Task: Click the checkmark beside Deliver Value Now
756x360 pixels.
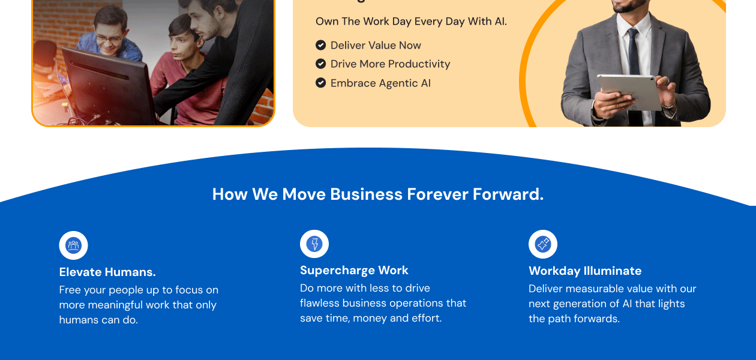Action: pyautogui.click(x=320, y=45)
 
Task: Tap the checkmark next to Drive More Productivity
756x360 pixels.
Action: pyautogui.click(x=320, y=64)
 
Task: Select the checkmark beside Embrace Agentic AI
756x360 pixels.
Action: pyautogui.click(x=320, y=83)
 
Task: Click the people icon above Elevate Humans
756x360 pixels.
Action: pyautogui.click(x=74, y=245)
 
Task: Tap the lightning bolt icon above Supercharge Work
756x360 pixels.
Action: pyautogui.click(x=314, y=244)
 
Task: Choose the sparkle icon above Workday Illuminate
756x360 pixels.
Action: pyautogui.click(x=542, y=244)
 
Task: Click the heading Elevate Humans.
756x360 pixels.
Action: pyautogui.click(x=107, y=272)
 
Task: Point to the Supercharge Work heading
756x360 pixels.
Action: pyautogui.click(x=354, y=270)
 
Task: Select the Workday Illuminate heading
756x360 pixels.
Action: pyautogui.click(x=585, y=271)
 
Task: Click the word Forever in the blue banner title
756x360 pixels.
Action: pyautogui.click(x=437, y=194)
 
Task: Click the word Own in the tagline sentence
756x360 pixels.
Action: pyautogui.click(x=327, y=21)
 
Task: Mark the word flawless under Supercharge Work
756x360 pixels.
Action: pyautogui.click(x=320, y=303)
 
